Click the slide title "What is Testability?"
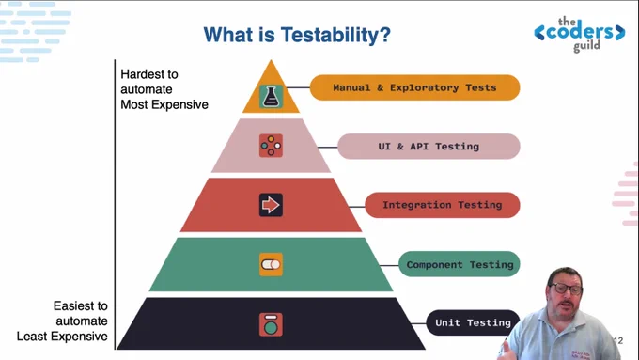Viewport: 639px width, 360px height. pos(297,35)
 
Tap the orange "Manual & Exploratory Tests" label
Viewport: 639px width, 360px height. pos(414,87)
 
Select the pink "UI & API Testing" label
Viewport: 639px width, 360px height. pos(429,147)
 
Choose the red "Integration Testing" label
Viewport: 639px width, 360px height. pos(443,205)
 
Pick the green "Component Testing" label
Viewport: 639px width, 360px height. pos(460,264)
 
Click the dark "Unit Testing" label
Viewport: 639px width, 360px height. pos(473,323)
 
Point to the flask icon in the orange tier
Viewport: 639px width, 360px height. pos(271,97)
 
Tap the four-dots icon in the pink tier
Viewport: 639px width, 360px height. pos(271,146)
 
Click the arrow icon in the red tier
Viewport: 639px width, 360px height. pos(271,205)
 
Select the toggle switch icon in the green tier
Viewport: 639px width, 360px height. pos(271,265)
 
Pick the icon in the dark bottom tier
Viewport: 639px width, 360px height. pos(271,324)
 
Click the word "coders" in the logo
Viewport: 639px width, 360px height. pos(580,32)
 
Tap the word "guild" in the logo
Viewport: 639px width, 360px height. pos(586,46)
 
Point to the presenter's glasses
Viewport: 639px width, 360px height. pos(566,289)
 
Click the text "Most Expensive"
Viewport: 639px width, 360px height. pos(164,104)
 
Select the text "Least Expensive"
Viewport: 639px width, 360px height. pos(62,337)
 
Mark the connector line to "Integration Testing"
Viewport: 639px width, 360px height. pos(357,207)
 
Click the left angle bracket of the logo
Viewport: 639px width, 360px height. pos(539,33)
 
